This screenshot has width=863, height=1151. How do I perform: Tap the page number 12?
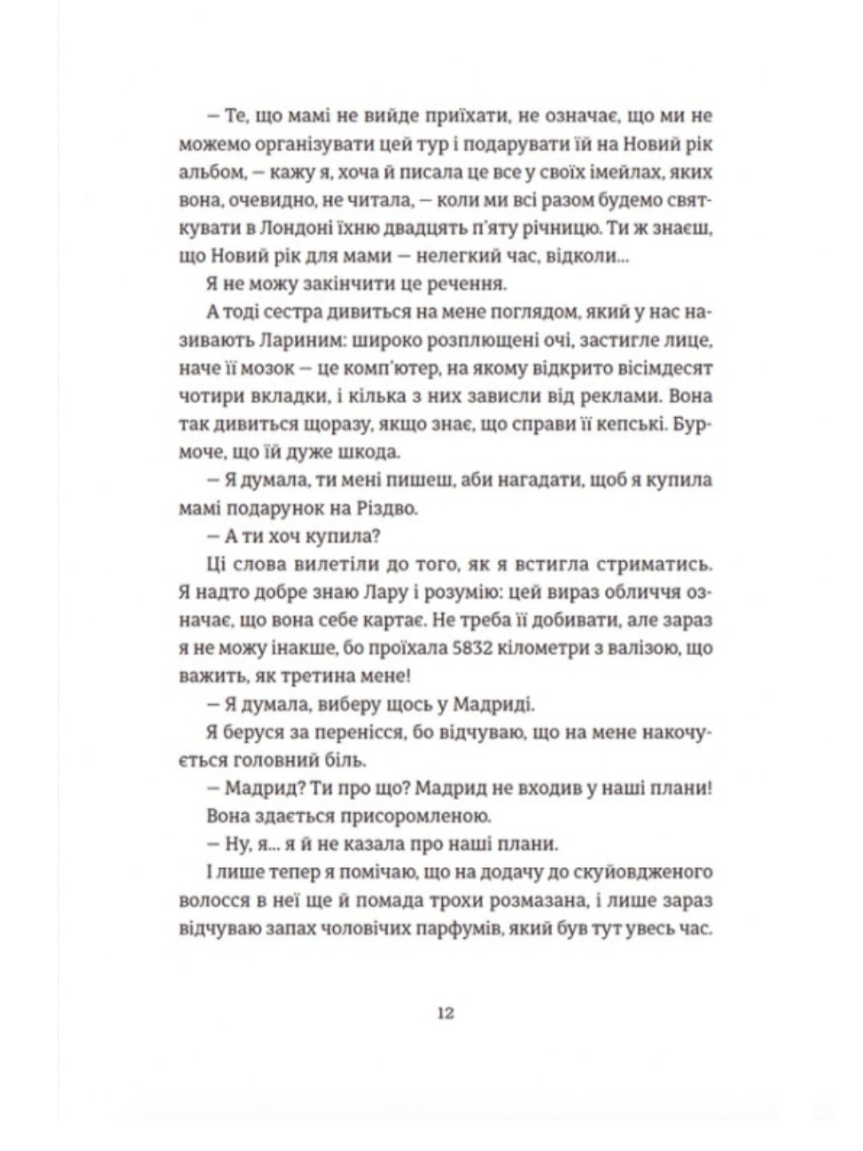(446, 1014)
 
